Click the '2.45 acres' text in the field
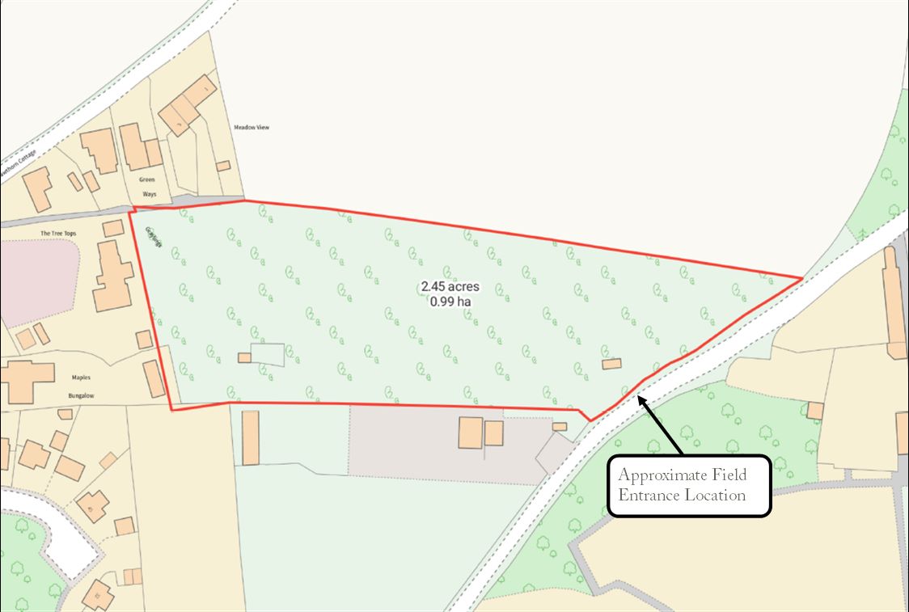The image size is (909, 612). point(450,287)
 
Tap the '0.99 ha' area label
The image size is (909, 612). point(450,302)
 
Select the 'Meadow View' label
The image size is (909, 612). point(251,128)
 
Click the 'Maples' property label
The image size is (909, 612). point(81,378)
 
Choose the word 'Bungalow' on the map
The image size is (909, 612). point(81,397)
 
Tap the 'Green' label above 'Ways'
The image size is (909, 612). point(146,179)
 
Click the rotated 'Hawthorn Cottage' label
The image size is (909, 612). point(18,165)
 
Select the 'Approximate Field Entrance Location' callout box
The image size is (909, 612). point(689,484)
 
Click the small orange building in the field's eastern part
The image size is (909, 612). point(611,364)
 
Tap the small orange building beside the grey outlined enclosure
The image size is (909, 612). point(244,357)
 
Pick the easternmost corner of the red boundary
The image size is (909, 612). point(801,278)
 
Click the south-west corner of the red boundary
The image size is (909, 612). point(171,410)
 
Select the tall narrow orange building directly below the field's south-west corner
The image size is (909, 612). point(251,437)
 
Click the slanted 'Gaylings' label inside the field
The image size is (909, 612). point(151,238)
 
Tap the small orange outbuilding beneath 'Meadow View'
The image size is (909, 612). point(223,166)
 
